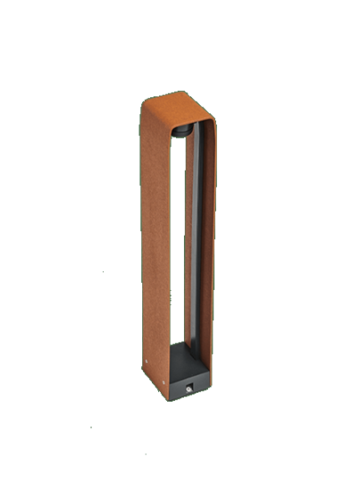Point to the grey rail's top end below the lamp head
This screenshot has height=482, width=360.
click(193, 143)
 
